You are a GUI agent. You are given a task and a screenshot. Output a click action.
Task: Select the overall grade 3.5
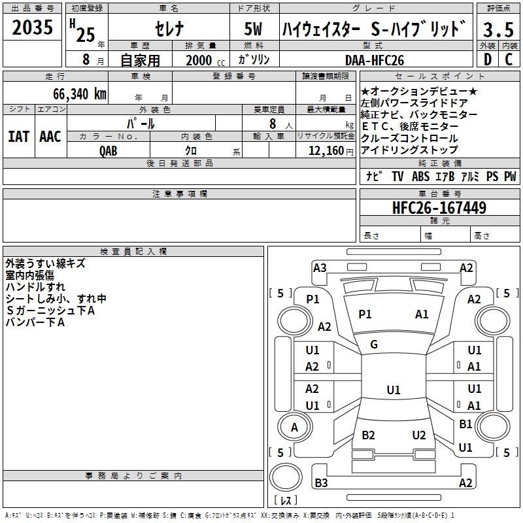[497, 30]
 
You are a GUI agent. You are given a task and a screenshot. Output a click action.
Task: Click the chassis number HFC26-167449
[439, 208]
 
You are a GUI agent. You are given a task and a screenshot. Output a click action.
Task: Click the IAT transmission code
[18, 136]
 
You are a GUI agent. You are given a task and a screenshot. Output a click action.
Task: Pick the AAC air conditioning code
[50, 136]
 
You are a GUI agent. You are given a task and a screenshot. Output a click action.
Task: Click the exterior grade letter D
[487, 60]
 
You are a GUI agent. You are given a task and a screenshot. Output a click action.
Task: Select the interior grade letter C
[509, 60]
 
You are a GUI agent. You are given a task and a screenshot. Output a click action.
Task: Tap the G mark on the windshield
[374, 345]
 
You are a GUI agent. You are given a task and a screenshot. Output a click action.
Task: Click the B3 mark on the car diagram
[321, 483]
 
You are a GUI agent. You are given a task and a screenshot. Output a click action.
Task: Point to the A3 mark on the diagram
[320, 267]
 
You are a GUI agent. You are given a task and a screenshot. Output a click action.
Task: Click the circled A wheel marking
[294, 428]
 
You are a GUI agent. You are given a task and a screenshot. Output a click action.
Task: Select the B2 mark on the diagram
[368, 435]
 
